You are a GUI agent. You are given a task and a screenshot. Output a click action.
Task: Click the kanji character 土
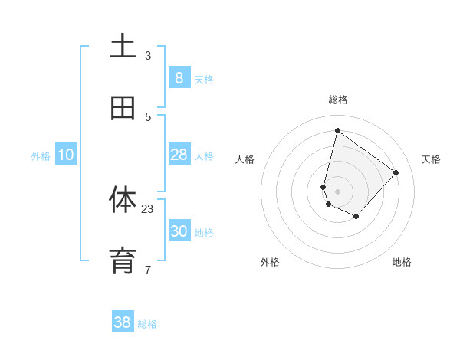[x=123, y=47]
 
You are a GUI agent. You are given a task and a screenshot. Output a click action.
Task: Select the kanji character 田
[x=123, y=109]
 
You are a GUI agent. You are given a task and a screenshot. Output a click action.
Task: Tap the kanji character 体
[x=123, y=200]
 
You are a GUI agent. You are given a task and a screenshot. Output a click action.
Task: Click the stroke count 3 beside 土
[x=148, y=55]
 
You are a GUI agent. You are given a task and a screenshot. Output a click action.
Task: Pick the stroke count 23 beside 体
[x=148, y=208]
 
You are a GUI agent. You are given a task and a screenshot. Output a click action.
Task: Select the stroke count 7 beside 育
[x=148, y=270]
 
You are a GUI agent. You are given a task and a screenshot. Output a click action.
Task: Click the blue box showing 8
[x=179, y=78]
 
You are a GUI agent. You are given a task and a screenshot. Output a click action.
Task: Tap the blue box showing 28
[x=179, y=155]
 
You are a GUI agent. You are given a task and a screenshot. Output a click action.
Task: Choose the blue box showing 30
[x=179, y=231]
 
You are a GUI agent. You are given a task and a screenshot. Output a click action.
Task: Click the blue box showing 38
[x=123, y=322]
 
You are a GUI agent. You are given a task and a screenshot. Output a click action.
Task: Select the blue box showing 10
[x=66, y=155]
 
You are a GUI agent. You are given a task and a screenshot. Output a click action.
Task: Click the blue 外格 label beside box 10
[x=41, y=156]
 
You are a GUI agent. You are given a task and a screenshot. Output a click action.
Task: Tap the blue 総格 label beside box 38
[x=147, y=324]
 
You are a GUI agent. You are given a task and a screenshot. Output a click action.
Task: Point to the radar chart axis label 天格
[x=431, y=159]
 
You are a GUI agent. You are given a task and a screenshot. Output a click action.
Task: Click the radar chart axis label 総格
[x=337, y=100]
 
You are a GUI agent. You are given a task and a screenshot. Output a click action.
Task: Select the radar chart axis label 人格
[x=245, y=159]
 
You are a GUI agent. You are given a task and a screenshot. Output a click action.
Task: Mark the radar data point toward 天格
[x=396, y=172]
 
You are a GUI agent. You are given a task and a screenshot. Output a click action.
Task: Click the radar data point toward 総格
[x=337, y=130]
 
